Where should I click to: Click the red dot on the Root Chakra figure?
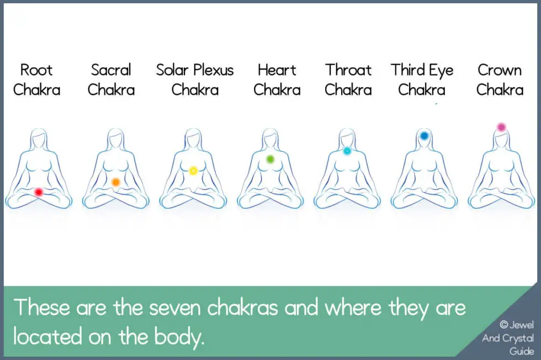38,192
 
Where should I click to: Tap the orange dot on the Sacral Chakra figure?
116,182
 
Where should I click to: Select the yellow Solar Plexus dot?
193,171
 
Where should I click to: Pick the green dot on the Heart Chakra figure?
270,160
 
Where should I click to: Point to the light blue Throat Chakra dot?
347,150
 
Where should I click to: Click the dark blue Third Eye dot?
424,135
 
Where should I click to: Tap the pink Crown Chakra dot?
501,127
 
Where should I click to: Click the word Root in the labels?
36,71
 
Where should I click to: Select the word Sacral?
111,71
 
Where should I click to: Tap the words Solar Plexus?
195,71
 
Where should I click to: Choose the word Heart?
277,71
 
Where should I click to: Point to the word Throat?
348,71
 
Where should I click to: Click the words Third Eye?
422,71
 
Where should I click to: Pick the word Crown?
500,71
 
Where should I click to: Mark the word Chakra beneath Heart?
277,89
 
